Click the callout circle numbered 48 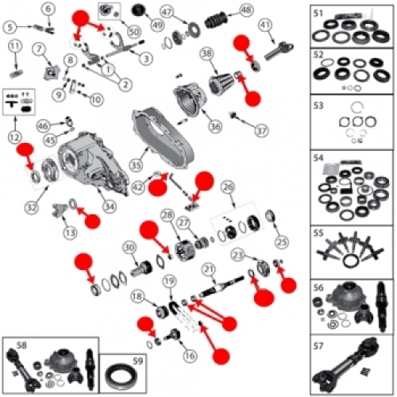[x=245, y=10]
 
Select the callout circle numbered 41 [x=265, y=26]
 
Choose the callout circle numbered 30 [x=128, y=248]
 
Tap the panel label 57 [x=318, y=345]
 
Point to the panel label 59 [x=117, y=363]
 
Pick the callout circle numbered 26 [x=228, y=187]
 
